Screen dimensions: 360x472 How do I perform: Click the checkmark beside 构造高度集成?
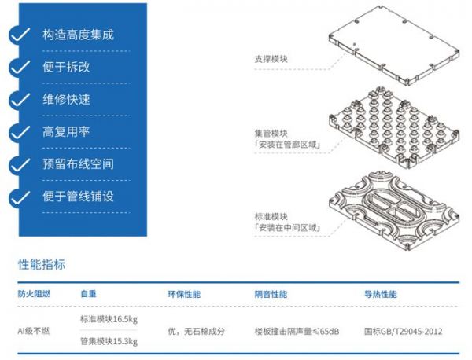coord(20,35)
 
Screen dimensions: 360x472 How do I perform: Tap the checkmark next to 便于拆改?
coord(20,68)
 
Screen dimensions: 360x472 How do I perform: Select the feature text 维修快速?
coord(66,99)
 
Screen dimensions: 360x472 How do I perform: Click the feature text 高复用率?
coord(66,131)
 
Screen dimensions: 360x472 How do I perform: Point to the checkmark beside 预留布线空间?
coord(20,164)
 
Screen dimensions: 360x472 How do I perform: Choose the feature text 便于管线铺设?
coord(78,196)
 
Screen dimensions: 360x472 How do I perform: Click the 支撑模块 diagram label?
coord(271,58)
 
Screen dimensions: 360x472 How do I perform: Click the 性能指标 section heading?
coord(42,264)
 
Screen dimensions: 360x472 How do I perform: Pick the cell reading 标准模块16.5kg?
coord(109,320)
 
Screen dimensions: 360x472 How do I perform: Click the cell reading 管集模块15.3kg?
coord(109,341)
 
